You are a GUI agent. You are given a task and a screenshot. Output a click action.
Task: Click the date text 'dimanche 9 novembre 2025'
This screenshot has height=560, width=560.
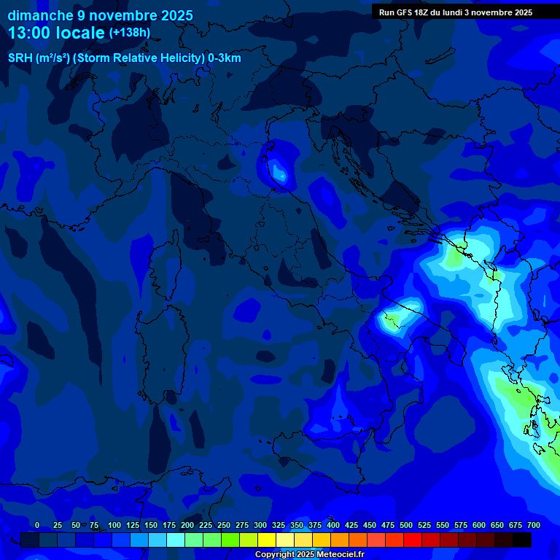pos(100,15)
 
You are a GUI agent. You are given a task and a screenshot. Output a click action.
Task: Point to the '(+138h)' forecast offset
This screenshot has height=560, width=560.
pos(130,33)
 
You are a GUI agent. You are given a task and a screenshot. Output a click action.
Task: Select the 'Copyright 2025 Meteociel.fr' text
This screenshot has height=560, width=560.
pos(309,555)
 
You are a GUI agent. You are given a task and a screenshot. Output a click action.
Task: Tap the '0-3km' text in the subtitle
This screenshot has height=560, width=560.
pos(225,58)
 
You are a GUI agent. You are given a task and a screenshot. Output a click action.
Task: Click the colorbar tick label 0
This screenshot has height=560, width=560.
pos(37,525)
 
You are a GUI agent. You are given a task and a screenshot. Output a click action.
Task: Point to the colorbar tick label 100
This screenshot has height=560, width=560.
pos(114,525)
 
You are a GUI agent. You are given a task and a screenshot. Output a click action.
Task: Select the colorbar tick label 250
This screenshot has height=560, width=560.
pos(224,525)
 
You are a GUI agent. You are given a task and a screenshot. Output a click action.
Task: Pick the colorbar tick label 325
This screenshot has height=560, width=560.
pos(279,525)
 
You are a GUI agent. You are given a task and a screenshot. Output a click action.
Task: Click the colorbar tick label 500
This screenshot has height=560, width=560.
pos(406,525)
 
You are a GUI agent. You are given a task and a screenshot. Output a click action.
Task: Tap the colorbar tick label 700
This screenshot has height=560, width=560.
pos(534,525)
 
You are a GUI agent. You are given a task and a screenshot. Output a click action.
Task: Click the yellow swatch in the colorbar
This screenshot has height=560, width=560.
pos(267,540)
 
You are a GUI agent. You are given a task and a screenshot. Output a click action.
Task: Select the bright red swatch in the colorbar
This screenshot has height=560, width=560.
pos(413,540)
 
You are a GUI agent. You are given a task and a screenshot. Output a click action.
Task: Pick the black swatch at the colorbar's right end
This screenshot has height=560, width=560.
pos(522,540)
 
